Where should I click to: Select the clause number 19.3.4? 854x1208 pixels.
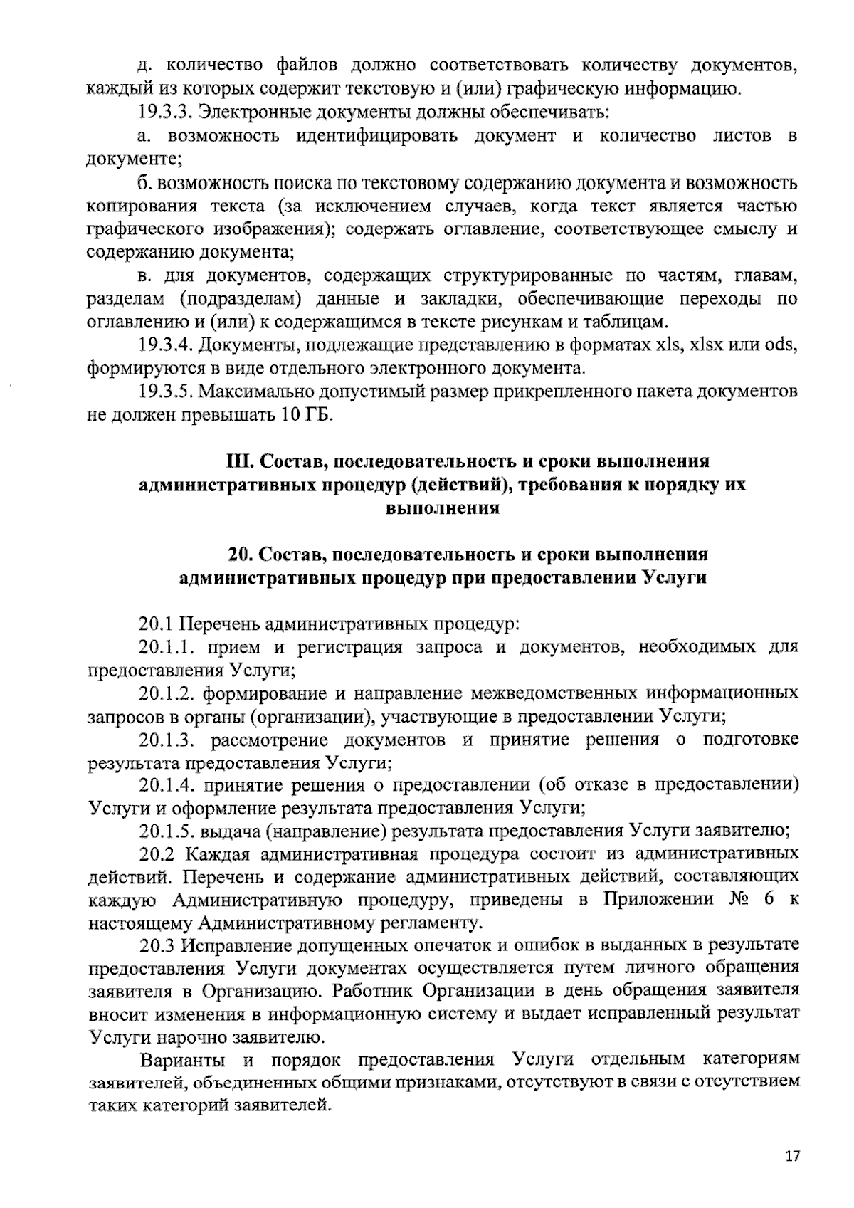pos(165,346)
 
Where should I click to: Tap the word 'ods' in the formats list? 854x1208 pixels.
pos(779,346)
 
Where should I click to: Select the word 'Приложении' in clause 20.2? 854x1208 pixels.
pos(658,899)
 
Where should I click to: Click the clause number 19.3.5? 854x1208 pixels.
pos(165,392)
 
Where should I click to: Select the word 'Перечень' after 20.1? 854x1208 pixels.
pos(218,625)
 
